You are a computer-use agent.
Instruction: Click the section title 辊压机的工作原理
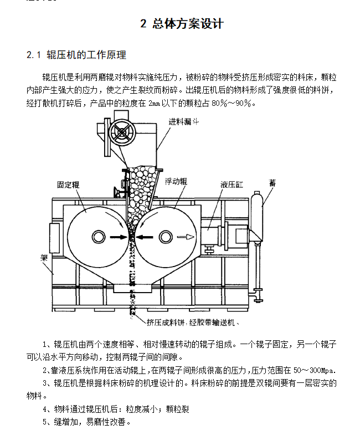point(86,55)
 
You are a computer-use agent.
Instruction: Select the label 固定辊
point(68,185)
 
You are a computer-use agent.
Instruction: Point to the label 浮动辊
point(176,181)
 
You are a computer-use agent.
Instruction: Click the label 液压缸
point(232,185)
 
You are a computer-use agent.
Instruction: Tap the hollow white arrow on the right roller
point(186,237)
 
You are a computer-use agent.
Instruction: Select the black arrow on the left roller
point(118,237)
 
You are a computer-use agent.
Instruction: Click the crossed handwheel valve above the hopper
point(122,132)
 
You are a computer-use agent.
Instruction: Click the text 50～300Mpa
point(315,370)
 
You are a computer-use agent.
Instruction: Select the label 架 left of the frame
point(44,258)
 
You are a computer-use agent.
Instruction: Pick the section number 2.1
point(34,55)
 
